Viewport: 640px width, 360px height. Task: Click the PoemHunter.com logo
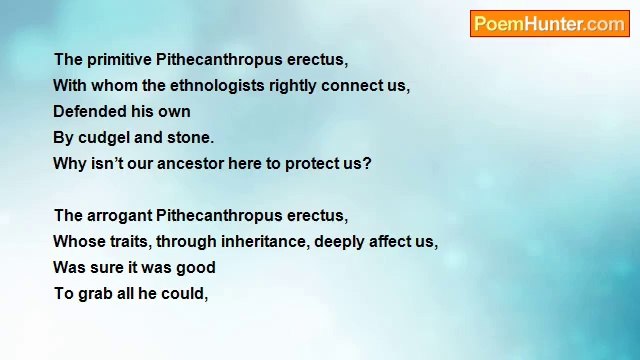(549, 24)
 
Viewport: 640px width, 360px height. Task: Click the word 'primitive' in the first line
(119, 60)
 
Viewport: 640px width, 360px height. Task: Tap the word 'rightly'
(297, 86)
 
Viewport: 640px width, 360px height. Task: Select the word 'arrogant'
(119, 216)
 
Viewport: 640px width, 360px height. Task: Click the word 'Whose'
(74, 242)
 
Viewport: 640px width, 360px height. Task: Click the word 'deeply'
(339, 242)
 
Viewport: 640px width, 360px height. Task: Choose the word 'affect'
(391, 242)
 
